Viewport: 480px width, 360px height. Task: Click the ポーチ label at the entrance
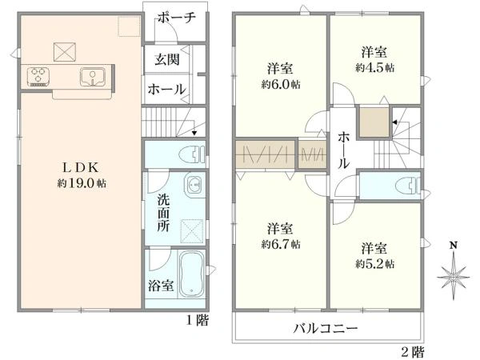click(x=177, y=18)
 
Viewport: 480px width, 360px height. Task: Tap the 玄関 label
click(x=166, y=59)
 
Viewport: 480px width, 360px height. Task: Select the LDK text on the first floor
click(x=81, y=167)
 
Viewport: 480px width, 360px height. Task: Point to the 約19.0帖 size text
click(x=82, y=183)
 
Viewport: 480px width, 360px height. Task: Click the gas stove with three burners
click(x=38, y=77)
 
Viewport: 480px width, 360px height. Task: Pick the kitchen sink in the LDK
click(x=93, y=77)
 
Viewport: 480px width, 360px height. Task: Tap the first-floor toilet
click(x=193, y=154)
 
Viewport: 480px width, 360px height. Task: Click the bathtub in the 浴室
click(x=192, y=274)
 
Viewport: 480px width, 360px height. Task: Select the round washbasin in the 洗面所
click(x=194, y=186)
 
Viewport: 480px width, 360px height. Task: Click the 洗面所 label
click(x=163, y=213)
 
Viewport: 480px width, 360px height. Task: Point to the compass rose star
click(x=454, y=277)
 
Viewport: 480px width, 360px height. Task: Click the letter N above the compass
click(x=454, y=246)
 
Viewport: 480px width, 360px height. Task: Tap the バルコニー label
click(x=326, y=329)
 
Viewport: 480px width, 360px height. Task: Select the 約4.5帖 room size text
click(x=375, y=68)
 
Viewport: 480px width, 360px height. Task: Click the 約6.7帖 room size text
click(x=281, y=244)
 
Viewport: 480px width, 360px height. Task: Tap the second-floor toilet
click(x=408, y=186)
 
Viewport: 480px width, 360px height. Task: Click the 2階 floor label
click(x=413, y=351)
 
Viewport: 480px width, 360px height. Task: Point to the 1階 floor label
click(x=198, y=321)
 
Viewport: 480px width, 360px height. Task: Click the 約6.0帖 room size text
click(x=281, y=84)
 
